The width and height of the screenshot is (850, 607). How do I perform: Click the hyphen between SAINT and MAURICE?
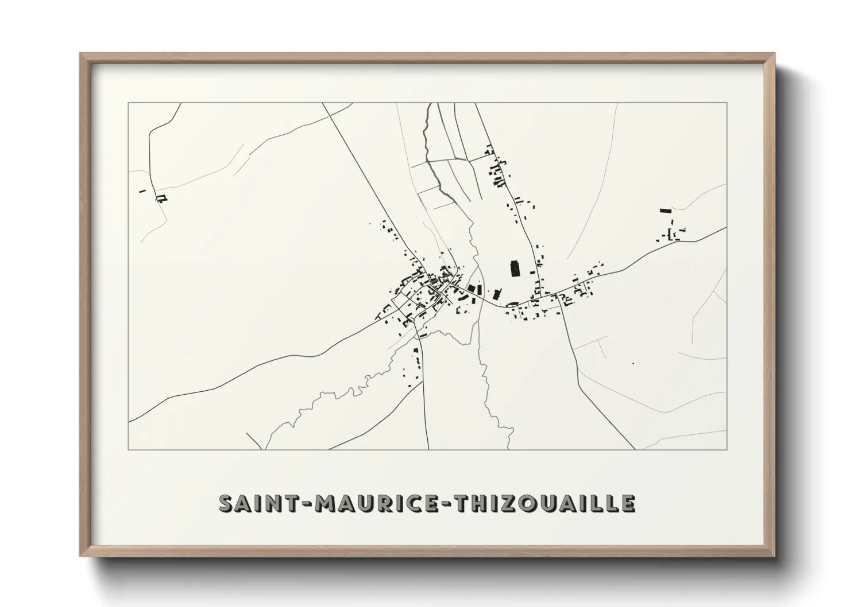[x=299, y=504]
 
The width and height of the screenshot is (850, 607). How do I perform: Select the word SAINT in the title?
[x=252, y=503]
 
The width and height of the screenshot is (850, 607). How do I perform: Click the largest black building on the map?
[x=515, y=269]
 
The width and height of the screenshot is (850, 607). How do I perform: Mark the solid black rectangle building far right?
[x=666, y=211]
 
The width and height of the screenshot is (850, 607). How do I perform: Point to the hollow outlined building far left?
[x=162, y=199]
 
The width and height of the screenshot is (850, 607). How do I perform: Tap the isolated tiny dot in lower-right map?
[x=632, y=363]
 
